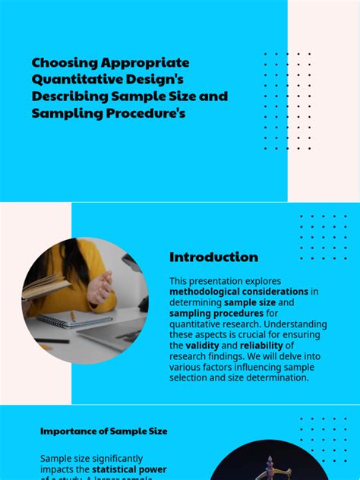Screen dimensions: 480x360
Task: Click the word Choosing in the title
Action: tap(62, 63)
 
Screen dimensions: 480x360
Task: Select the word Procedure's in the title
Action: tap(147, 114)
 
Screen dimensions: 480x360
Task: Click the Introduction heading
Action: tap(213, 257)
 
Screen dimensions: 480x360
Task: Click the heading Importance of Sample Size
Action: tap(104, 431)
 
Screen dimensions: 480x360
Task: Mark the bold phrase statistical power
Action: tap(134, 469)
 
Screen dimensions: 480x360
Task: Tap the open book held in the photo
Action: tap(43, 286)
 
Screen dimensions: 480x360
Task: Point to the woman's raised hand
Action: tap(101, 286)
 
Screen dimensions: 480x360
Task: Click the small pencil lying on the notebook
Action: tap(73, 314)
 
